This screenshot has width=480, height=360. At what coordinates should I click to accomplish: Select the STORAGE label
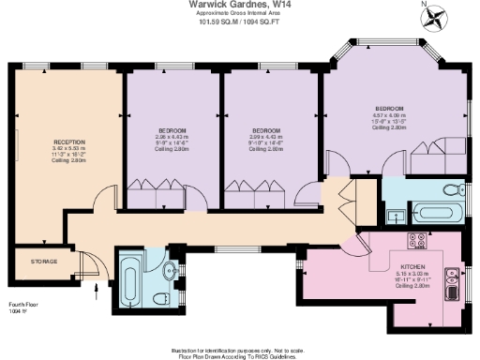[44, 262]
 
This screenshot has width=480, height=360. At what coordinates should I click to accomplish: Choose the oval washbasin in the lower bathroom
[170, 272]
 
